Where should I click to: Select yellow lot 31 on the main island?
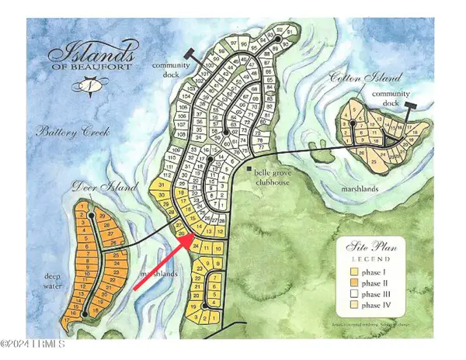click(x=162, y=185)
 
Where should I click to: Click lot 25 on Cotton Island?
click(x=374, y=161)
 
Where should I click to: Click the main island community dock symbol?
click(x=190, y=52)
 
